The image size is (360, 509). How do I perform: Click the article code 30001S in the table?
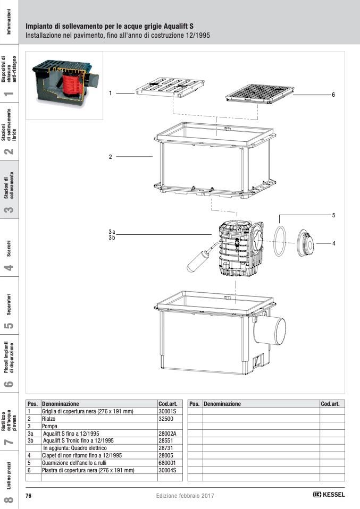pyautogui.click(x=167, y=411)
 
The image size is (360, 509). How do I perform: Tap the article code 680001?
pyautogui.click(x=167, y=463)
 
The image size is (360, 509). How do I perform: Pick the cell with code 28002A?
pyautogui.click(x=168, y=434)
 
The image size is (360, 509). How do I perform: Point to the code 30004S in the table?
pyautogui.click(x=167, y=470)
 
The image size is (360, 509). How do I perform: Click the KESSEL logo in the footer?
pyautogui.click(x=329, y=495)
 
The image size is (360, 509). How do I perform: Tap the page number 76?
pyautogui.click(x=29, y=495)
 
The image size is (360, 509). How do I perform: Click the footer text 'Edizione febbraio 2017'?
pyautogui.click(x=185, y=495)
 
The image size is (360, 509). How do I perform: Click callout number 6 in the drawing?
pyautogui.click(x=333, y=95)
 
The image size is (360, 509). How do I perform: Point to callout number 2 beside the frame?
pyautogui.click(x=110, y=157)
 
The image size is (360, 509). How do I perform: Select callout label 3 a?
pyautogui.click(x=112, y=232)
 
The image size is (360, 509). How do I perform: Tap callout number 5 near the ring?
pyautogui.click(x=333, y=215)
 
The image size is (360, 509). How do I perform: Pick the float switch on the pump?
pyautogui.click(x=196, y=260)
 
